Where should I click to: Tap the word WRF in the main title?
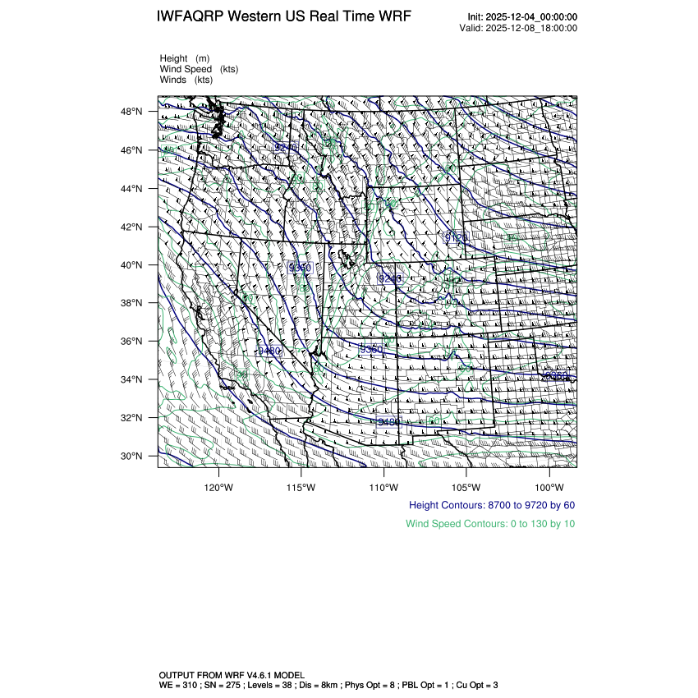point(395,16)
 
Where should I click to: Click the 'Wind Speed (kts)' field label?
point(199,69)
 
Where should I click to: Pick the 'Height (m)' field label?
point(185,58)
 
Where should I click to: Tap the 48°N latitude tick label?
point(134,112)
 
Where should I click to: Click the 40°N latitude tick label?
point(134,265)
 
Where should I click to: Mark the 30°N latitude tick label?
point(134,456)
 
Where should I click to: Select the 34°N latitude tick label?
point(134,379)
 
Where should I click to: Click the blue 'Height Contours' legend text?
point(491,505)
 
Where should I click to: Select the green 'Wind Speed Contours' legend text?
point(490,524)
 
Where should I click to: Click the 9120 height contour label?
point(456,237)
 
